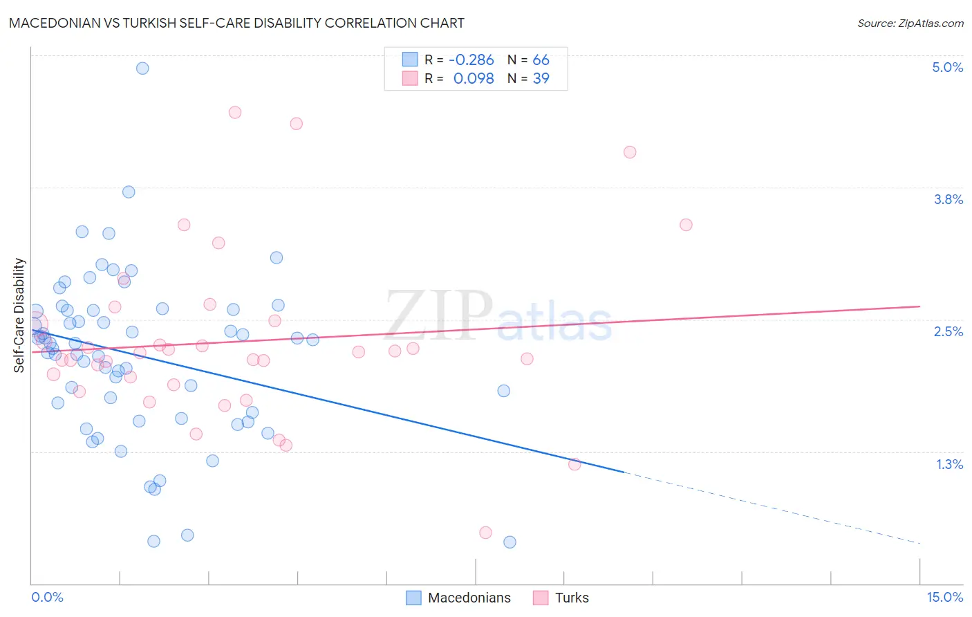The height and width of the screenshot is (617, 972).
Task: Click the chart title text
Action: click(236, 23)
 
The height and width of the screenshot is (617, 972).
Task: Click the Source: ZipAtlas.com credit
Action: click(910, 23)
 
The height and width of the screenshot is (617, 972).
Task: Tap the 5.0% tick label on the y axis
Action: click(947, 67)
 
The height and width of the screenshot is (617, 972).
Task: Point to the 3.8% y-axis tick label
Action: click(948, 199)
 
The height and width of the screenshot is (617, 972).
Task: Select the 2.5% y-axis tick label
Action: click(948, 331)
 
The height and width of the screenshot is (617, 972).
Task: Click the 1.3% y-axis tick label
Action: click(949, 464)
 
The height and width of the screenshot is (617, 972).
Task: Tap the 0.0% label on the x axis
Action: click(47, 597)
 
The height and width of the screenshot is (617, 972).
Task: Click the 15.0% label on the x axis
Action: click(944, 597)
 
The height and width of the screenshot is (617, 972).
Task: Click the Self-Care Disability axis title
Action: click(19, 315)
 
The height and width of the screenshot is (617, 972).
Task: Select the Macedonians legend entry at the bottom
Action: click(469, 598)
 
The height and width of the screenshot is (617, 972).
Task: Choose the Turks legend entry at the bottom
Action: click(572, 598)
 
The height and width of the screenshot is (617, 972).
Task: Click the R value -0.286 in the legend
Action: click(471, 60)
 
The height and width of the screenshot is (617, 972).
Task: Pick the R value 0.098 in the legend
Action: click(474, 79)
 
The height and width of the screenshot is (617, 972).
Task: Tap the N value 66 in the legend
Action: click(541, 60)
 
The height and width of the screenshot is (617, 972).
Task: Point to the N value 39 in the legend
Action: click(541, 79)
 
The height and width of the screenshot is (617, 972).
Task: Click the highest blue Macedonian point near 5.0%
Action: click(142, 68)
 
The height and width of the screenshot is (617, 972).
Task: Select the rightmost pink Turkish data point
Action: click(686, 225)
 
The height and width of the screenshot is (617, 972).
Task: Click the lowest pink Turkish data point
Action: click(485, 533)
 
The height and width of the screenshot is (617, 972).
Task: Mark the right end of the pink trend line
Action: click(919, 306)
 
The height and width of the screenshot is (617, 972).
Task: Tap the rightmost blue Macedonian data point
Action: click(510, 542)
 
